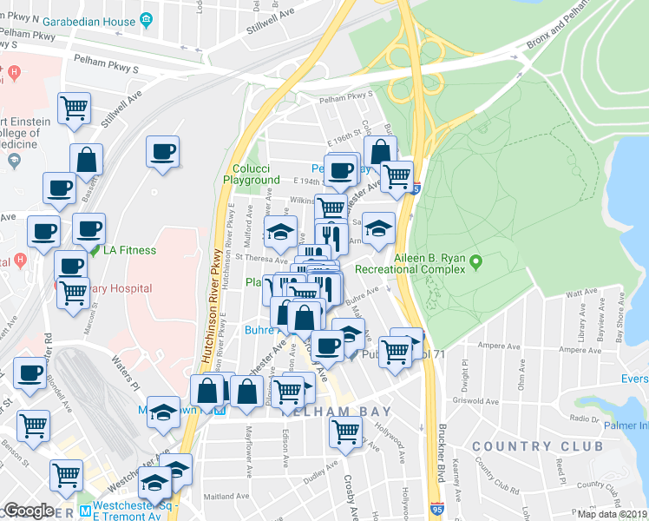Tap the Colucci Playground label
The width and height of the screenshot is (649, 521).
[255, 174]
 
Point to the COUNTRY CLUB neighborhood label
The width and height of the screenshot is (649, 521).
[537, 445]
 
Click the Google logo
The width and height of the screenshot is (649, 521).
[28, 511]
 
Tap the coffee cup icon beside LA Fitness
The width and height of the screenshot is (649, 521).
[88, 229]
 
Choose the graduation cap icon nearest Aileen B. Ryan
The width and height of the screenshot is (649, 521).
[378, 228]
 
